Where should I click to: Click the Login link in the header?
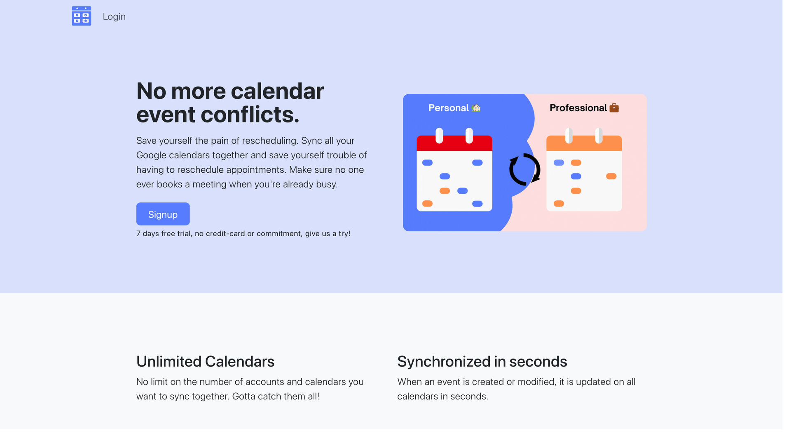click(x=114, y=16)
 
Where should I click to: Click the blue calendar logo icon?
click(x=82, y=16)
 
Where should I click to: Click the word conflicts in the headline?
click(x=250, y=115)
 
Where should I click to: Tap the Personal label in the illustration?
click(x=448, y=108)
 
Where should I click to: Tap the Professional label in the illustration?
click(x=578, y=108)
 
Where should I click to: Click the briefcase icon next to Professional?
click(x=614, y=108)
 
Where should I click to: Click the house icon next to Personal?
click(x=476, y=108)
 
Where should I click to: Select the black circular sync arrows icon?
click(x=524, y=169)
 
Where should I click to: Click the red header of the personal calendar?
click(x=454, y=143)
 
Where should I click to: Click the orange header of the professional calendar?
click(x=584, y=143)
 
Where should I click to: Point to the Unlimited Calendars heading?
click(x=205, y=361)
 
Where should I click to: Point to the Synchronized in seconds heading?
click(x=482, y=361)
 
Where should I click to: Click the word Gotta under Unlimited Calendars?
click(x=243, y=396)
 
